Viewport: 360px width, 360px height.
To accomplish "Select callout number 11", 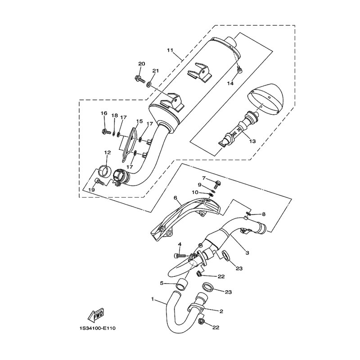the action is (x=170, y=50).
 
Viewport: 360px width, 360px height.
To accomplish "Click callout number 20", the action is (x=142, y=63).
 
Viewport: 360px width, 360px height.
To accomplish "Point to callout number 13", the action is (x=252, y=141).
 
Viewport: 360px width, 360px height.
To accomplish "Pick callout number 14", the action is (x=230, y=83).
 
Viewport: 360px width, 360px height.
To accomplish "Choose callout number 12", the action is (x=108, y=153).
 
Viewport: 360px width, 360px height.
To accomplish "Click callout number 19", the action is (x=92, y=190).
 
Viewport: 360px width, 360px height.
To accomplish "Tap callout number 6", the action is (x=175, y=197).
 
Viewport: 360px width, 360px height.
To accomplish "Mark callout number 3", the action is (x=247, y=253).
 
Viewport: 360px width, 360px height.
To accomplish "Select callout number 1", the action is (x=152, y=299).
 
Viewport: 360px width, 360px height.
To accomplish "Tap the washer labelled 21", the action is (x=149, y=85).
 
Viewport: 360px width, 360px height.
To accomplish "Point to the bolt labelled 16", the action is (x=106, y=132).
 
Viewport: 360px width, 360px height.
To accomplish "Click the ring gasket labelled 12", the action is (x=103, y=170).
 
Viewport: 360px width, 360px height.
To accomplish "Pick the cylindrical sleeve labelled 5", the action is (x=181, y=284).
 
